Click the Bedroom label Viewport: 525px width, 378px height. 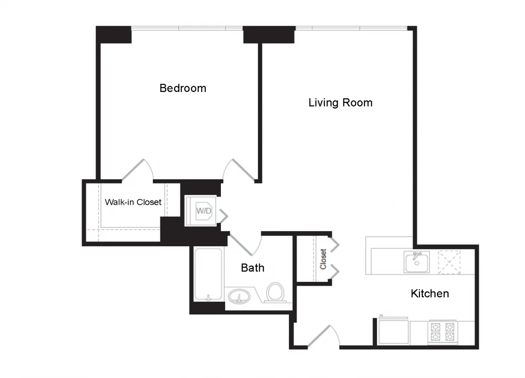183,88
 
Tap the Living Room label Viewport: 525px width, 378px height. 340,102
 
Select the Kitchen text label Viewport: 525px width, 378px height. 429,293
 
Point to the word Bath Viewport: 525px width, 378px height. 252,268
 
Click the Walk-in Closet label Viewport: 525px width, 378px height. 133,202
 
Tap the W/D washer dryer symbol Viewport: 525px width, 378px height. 204,210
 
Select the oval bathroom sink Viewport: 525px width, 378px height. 239,297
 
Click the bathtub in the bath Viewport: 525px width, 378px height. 208,274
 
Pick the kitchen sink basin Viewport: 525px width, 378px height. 416,262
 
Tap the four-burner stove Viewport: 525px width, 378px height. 443,331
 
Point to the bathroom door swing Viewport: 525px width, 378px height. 246,244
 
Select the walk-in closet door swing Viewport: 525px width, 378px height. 138,170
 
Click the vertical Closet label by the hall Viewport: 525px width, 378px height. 323,259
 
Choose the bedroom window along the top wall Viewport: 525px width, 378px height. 187,29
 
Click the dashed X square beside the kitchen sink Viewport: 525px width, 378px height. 449,262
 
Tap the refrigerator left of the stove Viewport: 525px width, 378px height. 394,332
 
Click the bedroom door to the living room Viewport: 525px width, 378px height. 239,171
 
